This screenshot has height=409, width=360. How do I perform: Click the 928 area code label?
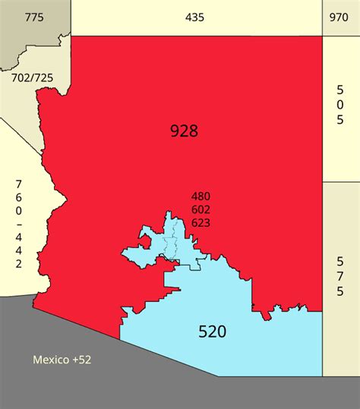(x=184, y=131)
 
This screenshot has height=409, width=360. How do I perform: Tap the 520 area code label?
(x=213, y=332)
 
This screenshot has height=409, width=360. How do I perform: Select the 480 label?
(x=201, y=197)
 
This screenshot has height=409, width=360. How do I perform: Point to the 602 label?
(x=201, y=209)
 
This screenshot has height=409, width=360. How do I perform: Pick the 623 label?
(x=201, y=222)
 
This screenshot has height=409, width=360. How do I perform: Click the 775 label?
(x=34, y=17)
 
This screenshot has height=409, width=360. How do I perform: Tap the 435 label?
(x=194, y=17)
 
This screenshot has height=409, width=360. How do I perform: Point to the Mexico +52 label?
(x=62, y=359)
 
